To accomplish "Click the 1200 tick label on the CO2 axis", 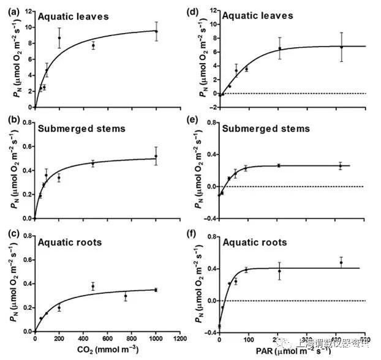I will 180,339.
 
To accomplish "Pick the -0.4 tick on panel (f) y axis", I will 209,332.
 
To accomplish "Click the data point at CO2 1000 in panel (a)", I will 156,31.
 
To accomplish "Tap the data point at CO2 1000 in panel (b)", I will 156,156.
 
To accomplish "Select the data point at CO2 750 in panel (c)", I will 126,296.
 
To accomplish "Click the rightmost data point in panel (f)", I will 341,263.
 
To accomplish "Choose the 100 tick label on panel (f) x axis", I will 248,339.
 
